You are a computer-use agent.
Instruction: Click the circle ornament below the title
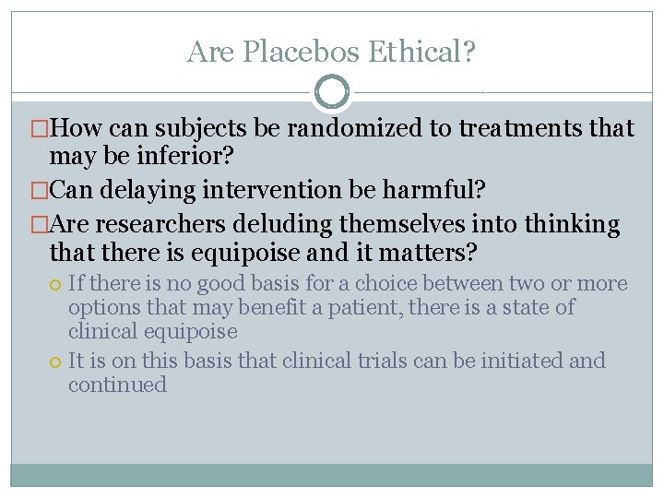pyautogui.click(x=332, y=92)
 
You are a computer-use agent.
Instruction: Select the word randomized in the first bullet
pyautogui.click(x=353, y=128)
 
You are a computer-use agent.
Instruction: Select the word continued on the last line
pyautogui.click(x=117, y=385)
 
